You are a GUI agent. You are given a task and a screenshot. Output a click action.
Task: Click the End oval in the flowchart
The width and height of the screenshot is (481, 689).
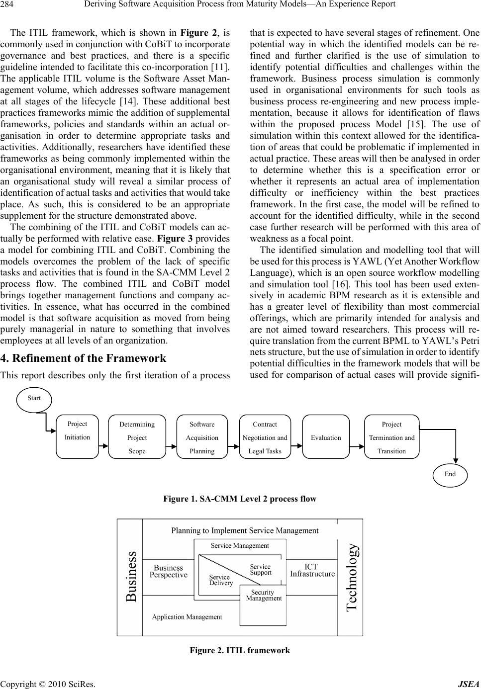450,474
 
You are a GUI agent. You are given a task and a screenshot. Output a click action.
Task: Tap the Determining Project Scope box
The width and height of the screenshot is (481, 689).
137,437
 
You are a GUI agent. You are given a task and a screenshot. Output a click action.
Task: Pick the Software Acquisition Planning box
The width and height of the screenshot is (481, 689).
202,437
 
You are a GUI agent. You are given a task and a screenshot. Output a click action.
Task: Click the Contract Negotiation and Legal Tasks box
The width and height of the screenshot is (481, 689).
265,437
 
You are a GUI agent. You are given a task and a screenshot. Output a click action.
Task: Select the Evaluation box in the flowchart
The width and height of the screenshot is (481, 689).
326,437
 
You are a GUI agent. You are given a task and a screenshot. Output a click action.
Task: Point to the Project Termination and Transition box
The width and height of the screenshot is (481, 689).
391,437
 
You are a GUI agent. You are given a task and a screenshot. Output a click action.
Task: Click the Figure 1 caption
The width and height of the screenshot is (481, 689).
240,499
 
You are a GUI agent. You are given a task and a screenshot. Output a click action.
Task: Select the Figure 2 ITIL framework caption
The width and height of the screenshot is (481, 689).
240,650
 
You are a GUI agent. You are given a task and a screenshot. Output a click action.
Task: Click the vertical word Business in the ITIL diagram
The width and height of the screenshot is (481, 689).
131,577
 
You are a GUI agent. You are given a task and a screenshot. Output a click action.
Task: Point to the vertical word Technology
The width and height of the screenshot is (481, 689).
351,577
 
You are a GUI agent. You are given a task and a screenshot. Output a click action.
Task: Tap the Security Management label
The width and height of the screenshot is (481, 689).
263,595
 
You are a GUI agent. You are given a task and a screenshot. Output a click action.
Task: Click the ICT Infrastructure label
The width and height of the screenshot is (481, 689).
312,570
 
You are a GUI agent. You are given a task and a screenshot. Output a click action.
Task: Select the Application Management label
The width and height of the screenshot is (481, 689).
187,617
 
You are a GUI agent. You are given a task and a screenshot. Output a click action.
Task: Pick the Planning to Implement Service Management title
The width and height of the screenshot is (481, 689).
245,530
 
